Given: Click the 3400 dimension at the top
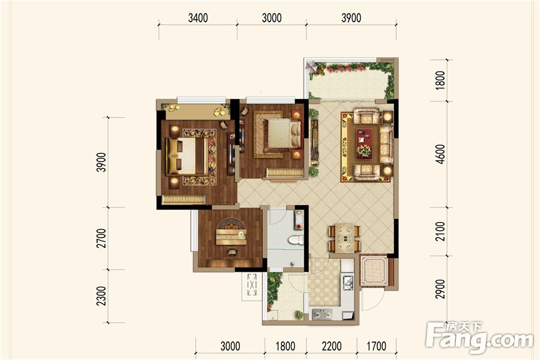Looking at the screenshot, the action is (x=198, y=18).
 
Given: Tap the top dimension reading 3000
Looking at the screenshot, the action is (x=272, y=18).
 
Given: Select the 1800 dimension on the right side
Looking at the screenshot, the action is (x=440, y=80).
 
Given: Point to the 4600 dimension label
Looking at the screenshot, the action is (x=440, y=154).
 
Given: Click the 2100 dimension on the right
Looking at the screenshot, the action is (x=440, y=232).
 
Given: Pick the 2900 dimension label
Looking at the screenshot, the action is (x=440, y=289).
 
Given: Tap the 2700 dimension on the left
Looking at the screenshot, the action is (x=101, y=238).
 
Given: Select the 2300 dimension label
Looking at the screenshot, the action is (x=101, y=296).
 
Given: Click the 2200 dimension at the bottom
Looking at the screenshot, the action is (x=332, y=346).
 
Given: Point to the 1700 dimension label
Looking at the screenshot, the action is (x=376, y=346).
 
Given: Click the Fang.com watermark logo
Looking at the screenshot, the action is (x=479, y=337).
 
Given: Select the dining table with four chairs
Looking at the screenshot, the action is (x=345, y=238).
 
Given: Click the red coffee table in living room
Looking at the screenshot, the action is (x=364, y=143).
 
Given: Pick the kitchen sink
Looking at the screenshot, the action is (x=347, y=283).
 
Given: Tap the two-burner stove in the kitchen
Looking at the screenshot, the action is (x=322, y=314).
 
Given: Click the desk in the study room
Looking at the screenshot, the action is (x=231, y=236).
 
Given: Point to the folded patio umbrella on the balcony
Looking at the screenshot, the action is (x=311, y=67).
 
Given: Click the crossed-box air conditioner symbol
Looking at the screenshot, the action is (x=252, y=284).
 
